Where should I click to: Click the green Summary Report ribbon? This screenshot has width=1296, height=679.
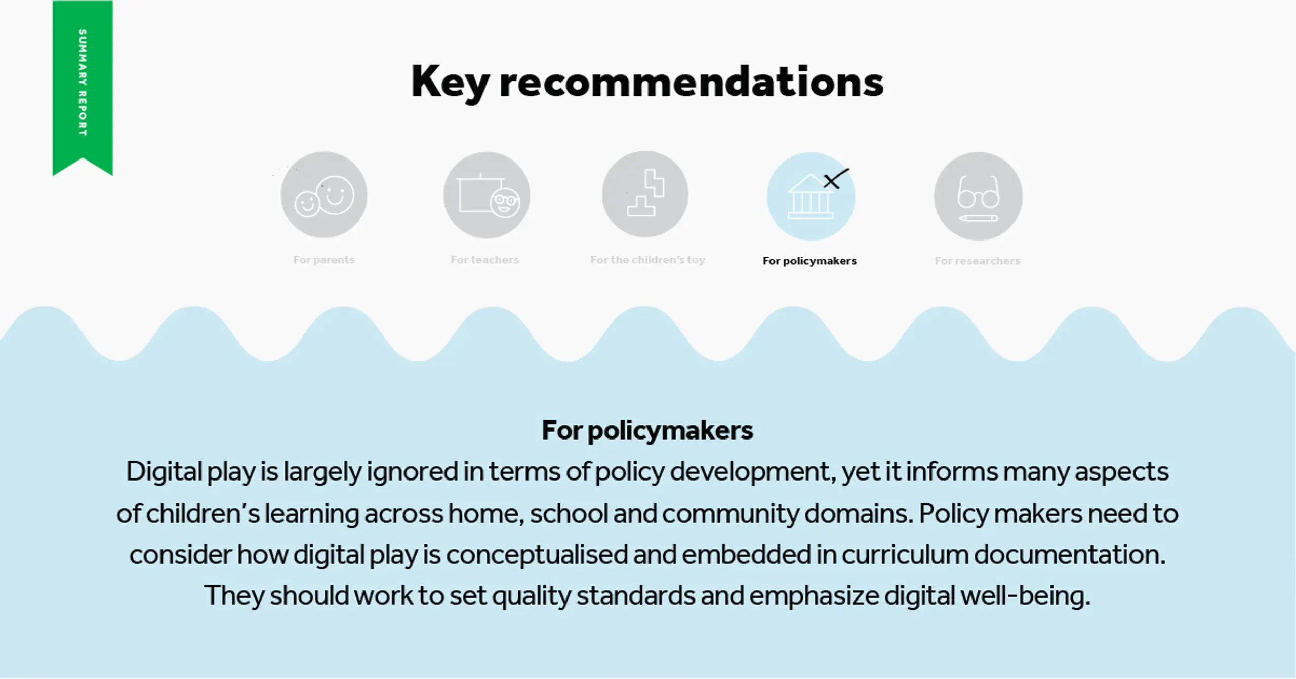[x=83, y=86]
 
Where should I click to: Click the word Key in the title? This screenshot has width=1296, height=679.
[x=450, y=82]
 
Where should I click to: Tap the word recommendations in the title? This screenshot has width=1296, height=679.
[x=691, y=82]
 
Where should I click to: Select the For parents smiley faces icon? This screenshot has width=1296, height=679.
[x=324, y=195]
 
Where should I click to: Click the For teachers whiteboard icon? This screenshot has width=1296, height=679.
[x=487, y=195]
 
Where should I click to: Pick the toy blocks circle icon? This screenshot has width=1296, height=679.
[x=645, y=194]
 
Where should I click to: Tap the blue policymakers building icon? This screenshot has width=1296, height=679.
[x=811, y=196]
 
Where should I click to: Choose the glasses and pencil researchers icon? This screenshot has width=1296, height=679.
[x=978, y=196]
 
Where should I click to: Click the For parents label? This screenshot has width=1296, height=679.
[x=324, y=260]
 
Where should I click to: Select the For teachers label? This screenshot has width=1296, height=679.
[x=485, y=260]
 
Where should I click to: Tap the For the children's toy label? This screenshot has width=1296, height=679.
[x=647, y=260]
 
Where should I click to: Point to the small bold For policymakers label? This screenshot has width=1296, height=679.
[x=809, y=261]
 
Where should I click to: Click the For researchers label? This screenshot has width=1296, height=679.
[x=977, y=261]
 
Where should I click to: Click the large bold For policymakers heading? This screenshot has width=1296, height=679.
[x=647, y=430]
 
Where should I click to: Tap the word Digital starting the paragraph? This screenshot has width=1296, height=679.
[x=164, y=472]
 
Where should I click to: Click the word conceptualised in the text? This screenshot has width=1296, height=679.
[x=537, y=555]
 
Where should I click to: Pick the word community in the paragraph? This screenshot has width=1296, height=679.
[x=731, y=514]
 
